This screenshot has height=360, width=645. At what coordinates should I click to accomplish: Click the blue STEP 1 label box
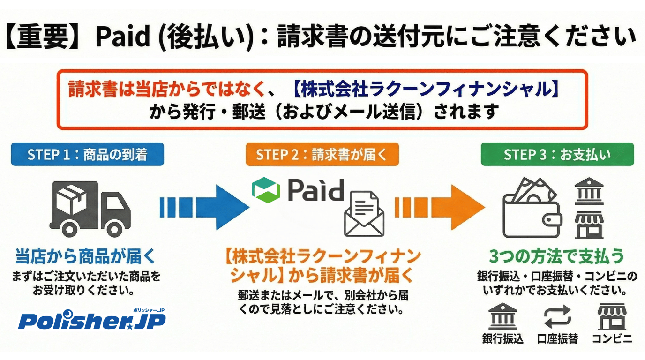88,155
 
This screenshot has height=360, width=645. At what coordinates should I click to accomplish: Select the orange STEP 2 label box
322,155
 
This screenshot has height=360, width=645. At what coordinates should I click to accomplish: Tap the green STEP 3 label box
557,155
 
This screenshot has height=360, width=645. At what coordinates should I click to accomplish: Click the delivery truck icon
90,209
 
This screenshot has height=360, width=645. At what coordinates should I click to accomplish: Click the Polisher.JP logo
92,320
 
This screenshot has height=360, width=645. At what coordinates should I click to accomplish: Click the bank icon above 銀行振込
502,317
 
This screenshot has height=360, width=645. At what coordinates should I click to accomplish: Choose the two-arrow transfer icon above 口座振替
557,317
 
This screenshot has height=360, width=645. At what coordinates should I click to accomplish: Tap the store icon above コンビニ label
612,317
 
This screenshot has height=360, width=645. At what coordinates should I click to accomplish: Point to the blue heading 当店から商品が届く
85,256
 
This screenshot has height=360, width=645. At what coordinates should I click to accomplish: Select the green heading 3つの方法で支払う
557,256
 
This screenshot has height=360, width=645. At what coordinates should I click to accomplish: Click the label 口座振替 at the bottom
557,339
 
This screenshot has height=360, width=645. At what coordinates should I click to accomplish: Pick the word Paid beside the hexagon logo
315,190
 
